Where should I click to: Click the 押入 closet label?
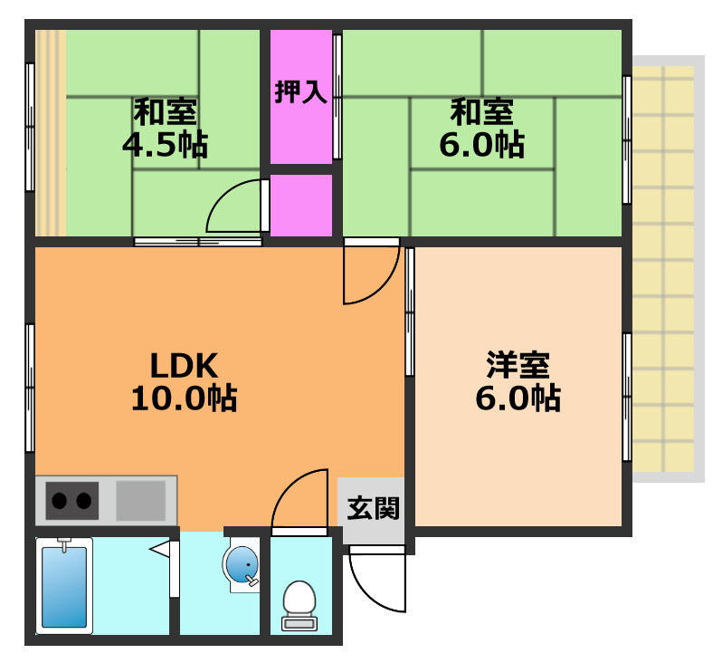[301, 92]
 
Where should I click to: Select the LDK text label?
[184, 365]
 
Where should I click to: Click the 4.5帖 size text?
[166, 144]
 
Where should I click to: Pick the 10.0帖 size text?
[184, 398]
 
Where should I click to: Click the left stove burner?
[61, 499]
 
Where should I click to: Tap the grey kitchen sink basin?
[140, 500]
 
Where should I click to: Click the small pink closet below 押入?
[301, 206]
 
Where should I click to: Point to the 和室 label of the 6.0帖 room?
[482, 112]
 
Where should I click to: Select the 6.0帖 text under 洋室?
[518, 398]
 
